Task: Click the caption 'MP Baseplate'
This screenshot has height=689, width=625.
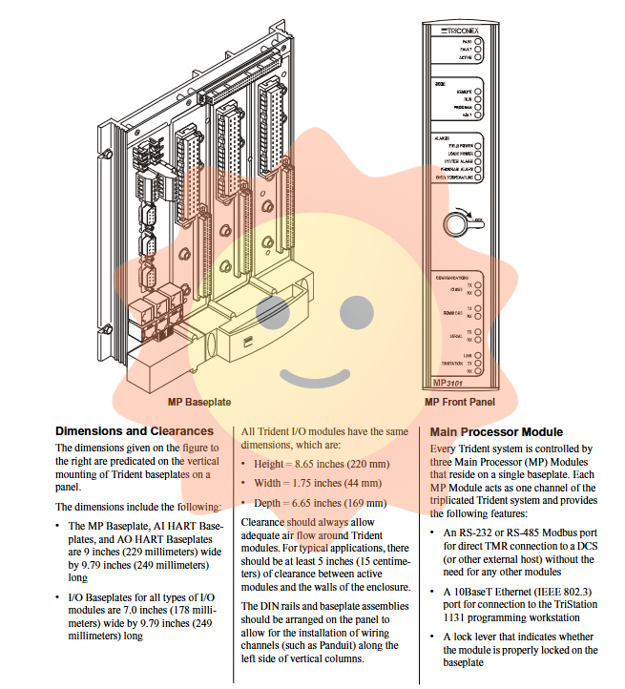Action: [x=199, y=403]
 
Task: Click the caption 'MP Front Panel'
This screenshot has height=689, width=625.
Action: [x=460, y=403]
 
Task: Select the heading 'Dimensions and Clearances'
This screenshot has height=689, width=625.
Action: [x=135, y=431]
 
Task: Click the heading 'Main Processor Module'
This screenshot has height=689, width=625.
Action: [x=496, y=431]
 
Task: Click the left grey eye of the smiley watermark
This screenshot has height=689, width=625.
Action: [x=272, y=309]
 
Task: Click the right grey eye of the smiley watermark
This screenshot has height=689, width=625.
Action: [x=355, y=309]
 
